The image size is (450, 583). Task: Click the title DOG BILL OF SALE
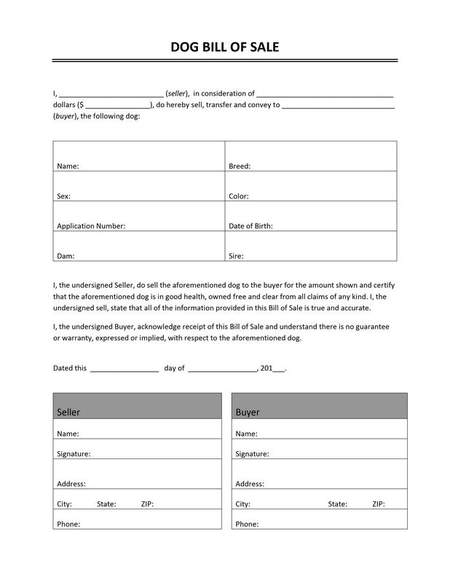[224, 47]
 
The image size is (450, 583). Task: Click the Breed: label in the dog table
[240, 166]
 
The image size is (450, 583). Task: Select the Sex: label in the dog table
[63, 196]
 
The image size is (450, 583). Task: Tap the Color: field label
[239, 196]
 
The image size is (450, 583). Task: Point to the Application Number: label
[91, 226]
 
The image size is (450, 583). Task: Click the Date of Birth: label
[250, 226]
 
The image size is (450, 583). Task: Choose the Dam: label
[66, 256]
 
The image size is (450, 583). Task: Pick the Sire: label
[236, 256]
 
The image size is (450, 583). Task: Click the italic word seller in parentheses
[177, 93]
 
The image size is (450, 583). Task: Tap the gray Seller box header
[137, 405]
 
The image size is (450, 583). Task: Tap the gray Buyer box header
[319, 405]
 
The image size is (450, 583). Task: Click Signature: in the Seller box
[74, 453]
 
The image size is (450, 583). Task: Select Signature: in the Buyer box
[253, 453]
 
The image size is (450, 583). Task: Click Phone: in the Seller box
[68, 524]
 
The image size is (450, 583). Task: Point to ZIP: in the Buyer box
[379, 504]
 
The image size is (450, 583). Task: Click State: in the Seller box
[106, 504]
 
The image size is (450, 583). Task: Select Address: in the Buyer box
[250, 483]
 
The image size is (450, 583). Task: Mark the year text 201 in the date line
[267, 368]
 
